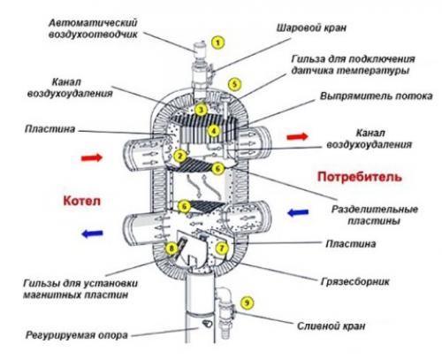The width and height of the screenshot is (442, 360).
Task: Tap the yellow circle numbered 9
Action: click(x=247, y=303)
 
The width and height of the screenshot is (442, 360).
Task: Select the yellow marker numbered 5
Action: click(x=234, y=83)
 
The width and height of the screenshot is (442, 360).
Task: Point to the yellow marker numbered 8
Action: click(x=171, y=249)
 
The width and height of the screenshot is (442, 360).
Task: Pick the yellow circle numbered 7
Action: click(x=222, y=249)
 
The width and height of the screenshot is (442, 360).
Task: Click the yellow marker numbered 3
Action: click(x=202, y=110)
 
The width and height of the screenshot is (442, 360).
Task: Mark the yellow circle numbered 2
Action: click(x=180, y=156)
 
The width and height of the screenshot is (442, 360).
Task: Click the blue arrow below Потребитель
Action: click(x=296, y=212)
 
